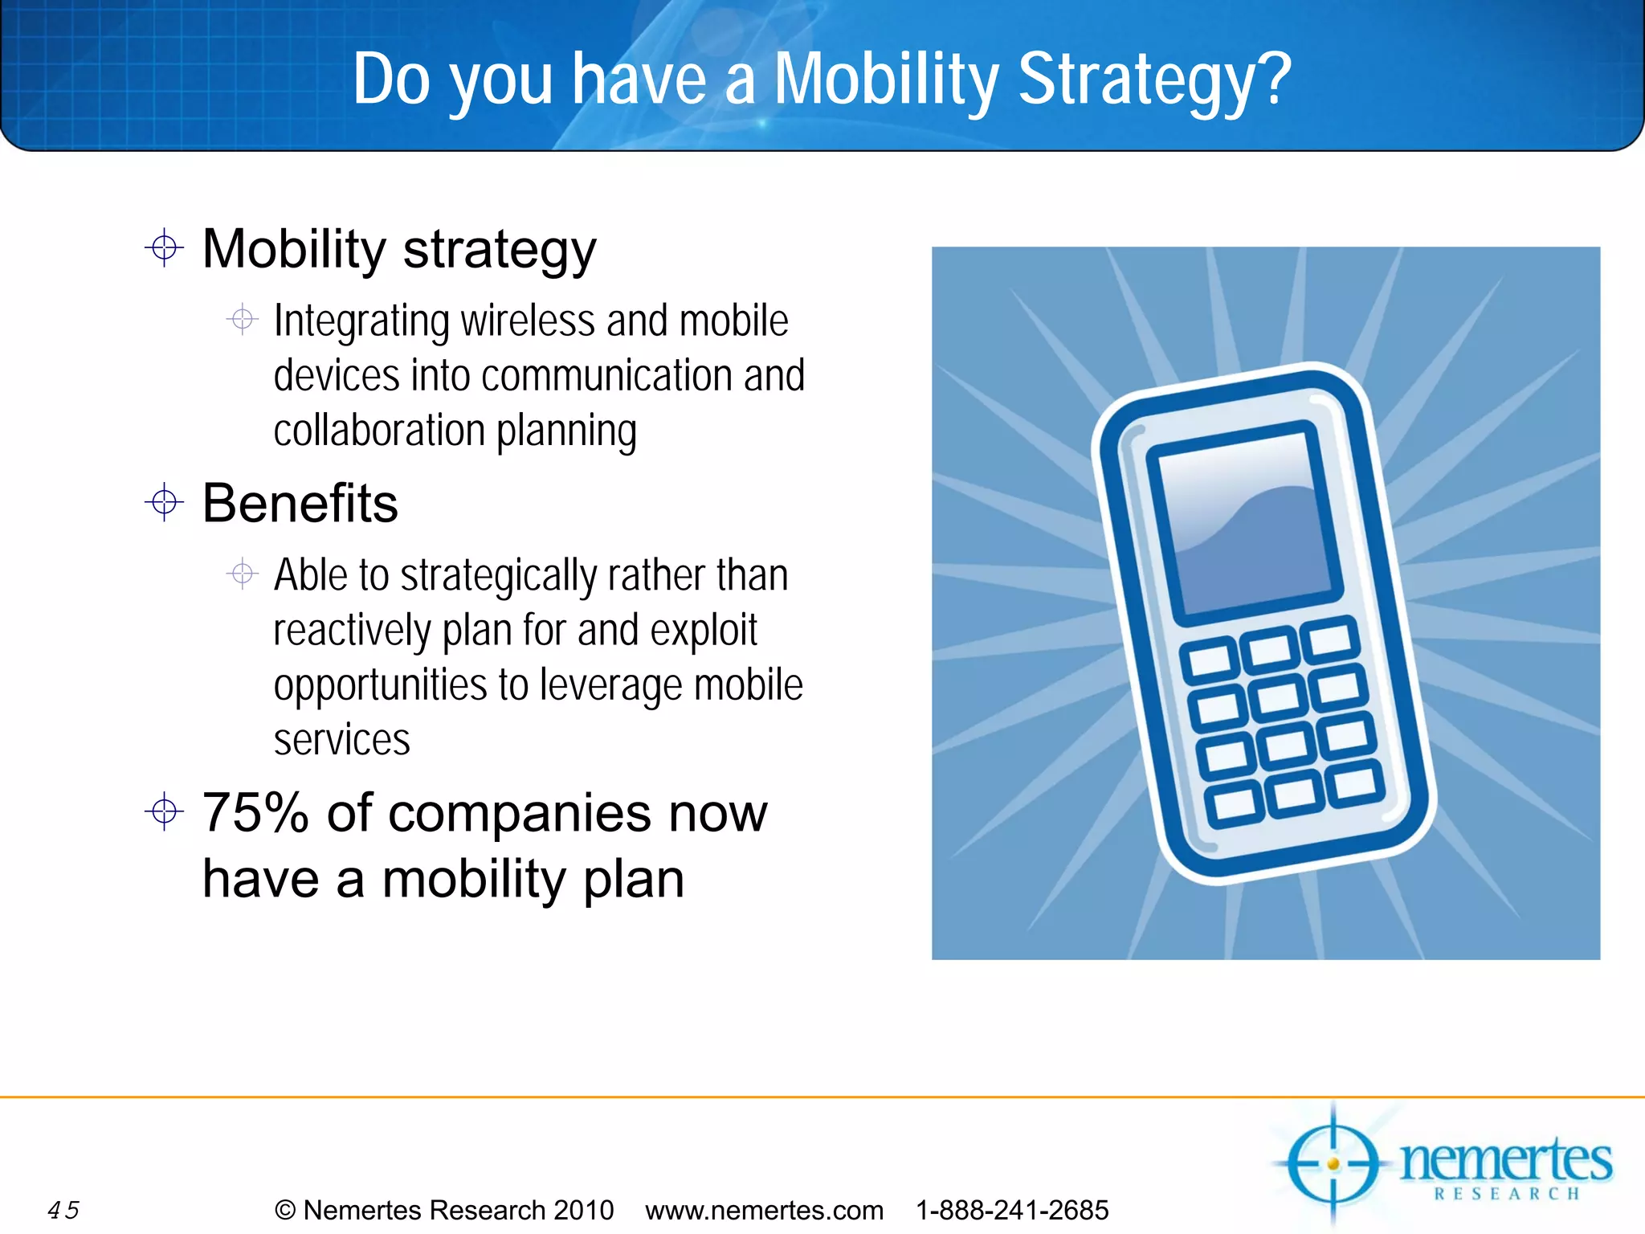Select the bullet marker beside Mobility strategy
click(164, 248)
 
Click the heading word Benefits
click(300, 504)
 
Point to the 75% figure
click(255, 813)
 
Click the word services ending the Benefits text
click(341, 740)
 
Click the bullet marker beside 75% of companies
click(164, 811)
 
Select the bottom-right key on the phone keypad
click(1355, 784)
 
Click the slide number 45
click(63, 1210)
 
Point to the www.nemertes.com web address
click(764, 1210)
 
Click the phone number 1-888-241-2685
click(1012, 1210)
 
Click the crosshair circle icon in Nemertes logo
click(1333, 1163)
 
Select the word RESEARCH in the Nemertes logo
click(1507, 1194)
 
